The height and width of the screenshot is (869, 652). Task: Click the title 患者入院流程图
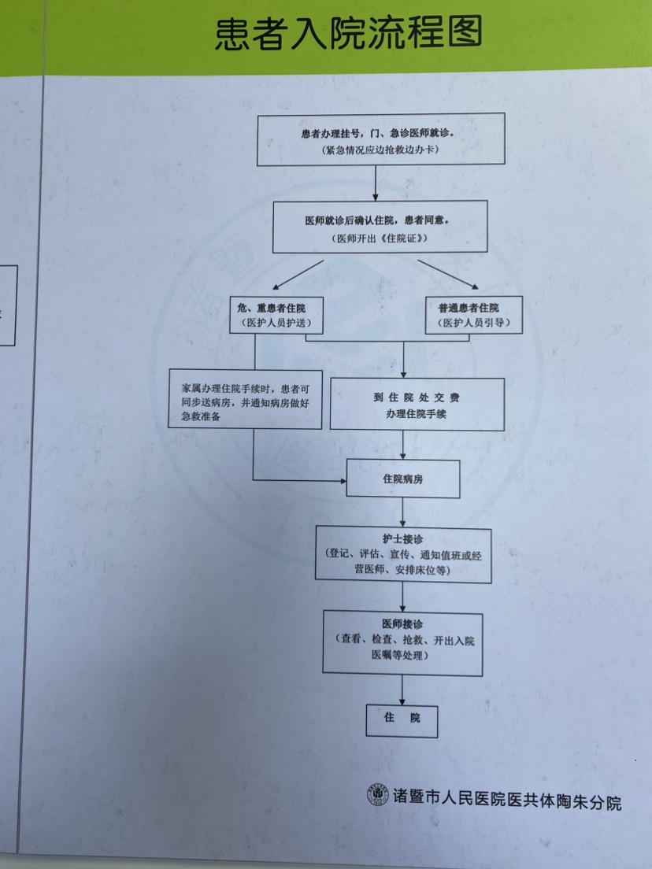(348, 34)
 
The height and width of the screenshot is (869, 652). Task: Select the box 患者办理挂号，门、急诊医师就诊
(381, 139)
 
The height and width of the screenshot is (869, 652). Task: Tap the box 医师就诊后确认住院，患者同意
(380, 227)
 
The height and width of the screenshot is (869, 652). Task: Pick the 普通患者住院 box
(474, 314)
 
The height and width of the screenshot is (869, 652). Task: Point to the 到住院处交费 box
(417, 405)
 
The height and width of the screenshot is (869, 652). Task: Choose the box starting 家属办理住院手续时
(245, 399)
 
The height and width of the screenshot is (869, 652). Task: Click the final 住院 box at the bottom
(402, 719)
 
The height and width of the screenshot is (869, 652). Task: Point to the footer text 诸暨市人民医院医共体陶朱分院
(507, 799)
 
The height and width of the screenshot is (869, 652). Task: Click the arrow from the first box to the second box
(376, 183)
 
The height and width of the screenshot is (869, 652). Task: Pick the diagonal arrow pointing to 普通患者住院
(446, 273)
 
